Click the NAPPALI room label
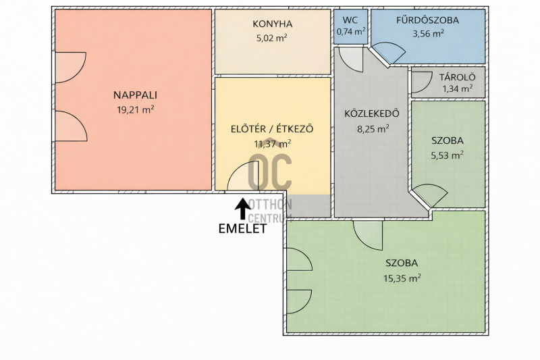click(x=135, y=95)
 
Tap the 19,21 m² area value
click(x=136, y=109)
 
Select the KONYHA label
click(x=273, y=24)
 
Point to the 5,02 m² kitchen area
click(x=272, y=38)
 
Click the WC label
click(x=350, y=20)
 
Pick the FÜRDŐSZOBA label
click(x=427, y=20)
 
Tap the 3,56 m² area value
click(x=428, y=33)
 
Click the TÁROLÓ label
click(x=458, y=77)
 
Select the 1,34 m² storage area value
click(x=458, y=89)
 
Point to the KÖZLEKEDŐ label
click(x=372, y=113)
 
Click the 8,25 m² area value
click(x=373, y=129)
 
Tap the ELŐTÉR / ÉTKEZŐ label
click(x=272, y=129)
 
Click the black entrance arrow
click(x=243, y=209)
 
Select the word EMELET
click(x=242, y=229)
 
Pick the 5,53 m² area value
click(x=447, y=155)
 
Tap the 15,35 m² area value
click(x=402, y=278)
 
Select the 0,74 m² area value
click(x=351, y=32)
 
